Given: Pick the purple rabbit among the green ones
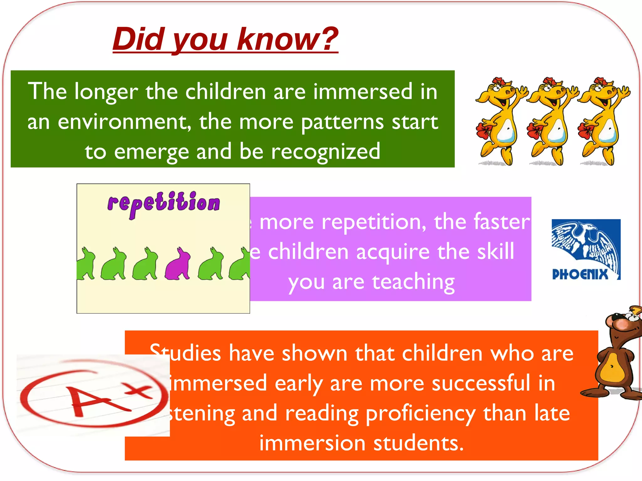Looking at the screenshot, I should tap(178, 264).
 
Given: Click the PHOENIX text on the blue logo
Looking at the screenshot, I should tap(580, 274).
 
